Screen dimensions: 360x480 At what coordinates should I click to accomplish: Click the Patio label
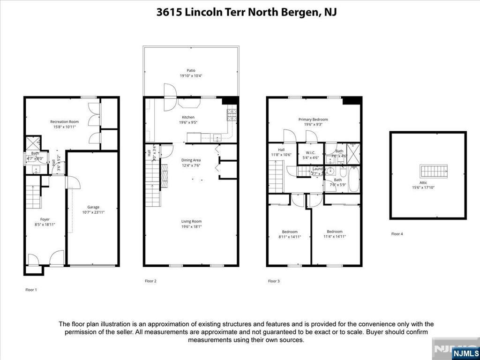tap(191, 70)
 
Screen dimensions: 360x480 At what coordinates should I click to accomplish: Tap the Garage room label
tap(93, 207)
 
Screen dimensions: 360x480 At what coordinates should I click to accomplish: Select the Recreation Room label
tap(64, 122)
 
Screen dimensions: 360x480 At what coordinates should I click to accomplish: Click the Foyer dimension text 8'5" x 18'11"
tap(45, 225)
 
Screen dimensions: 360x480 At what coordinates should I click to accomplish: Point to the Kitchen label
tap(188, 117)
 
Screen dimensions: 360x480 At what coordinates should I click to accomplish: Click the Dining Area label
tap(191, 160)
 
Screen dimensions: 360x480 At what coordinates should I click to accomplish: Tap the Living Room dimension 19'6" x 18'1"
tap(191, 226)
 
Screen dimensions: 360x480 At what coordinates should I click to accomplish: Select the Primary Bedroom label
tap(313, 120)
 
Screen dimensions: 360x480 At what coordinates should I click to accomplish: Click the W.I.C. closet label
tap(310, 152)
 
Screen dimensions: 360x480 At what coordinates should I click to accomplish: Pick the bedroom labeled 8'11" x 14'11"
tap(289, 237)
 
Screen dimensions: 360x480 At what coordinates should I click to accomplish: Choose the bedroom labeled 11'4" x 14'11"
tap(335, 237)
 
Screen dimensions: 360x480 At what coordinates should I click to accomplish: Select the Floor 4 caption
tap(397, 233)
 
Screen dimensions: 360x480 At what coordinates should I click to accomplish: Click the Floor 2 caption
tap(150, 281)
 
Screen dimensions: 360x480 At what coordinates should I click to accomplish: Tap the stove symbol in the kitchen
tap(232, 115)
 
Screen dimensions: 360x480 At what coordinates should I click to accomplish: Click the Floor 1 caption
tap(31, 290)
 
